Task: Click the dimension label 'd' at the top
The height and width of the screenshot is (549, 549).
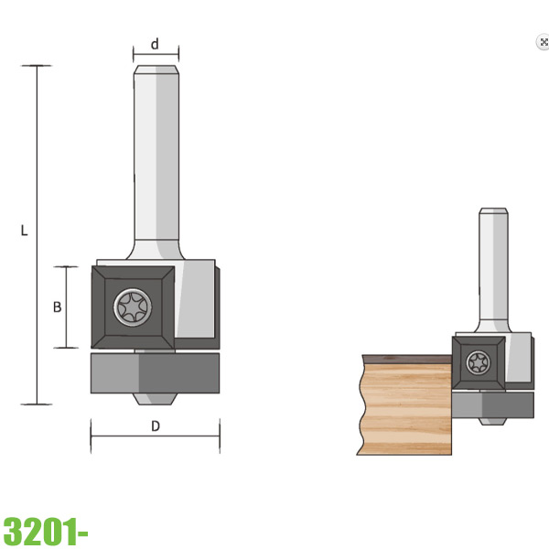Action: click(x=155, y=44)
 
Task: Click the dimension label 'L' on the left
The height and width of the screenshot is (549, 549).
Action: click(x=25, y=231)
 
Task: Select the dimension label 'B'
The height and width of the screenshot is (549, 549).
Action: click(x=57, y=307)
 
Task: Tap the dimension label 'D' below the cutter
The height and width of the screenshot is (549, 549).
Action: click(x=155, y=425)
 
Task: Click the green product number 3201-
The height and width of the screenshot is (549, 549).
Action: click(x=45, y=530)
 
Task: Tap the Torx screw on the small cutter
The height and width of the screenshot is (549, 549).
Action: click(x=479, y=362)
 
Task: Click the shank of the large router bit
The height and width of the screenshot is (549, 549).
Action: click(x=156, y=156)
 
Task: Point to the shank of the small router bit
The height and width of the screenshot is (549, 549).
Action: click(x=493, y=265)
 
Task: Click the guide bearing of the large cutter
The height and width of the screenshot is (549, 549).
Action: click(x=155, y=373)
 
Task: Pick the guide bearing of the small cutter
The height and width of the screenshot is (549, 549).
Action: click(x=494, y=405)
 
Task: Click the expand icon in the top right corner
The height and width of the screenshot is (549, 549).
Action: click(x=543, y=42)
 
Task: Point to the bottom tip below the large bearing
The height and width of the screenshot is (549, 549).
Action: click(x=155, y=399)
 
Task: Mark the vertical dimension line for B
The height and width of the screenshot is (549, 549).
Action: click(x=66, y=307)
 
